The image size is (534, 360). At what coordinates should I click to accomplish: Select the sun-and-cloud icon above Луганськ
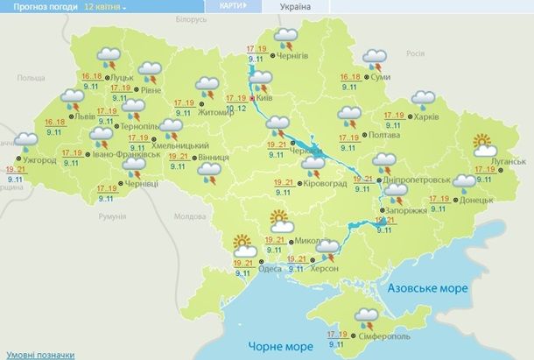(x=482, y=142)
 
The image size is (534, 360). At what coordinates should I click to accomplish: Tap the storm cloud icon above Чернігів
(x=285, y=38)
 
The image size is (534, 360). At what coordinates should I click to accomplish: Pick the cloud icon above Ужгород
(x=26, y=140)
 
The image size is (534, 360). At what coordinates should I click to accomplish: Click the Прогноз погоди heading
(x=39, y=6)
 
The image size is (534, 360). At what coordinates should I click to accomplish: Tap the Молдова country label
(x=189, y=216)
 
